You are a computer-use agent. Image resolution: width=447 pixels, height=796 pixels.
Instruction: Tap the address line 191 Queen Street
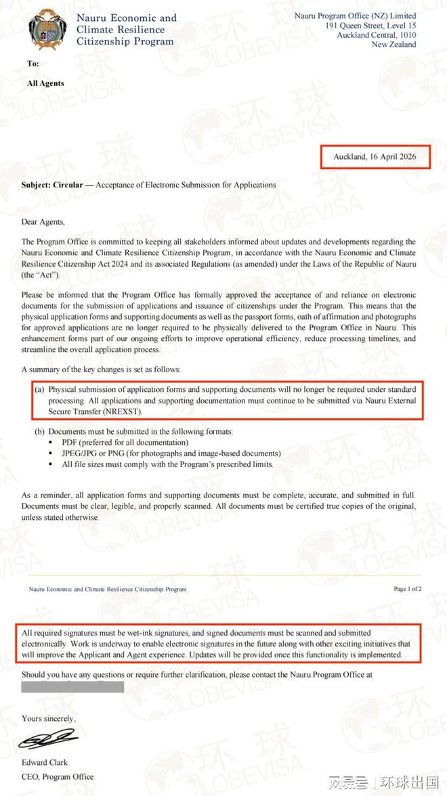tap(371, 26)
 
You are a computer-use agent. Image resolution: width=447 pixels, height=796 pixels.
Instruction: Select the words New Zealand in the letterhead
tap(393, 45)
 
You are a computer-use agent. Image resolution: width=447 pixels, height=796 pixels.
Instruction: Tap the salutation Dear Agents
tap(43, 221)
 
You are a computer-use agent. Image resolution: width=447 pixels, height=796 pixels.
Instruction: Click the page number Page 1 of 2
tap(408, 589)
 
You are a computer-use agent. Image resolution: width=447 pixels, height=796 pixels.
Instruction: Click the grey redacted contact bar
tap(72, 687)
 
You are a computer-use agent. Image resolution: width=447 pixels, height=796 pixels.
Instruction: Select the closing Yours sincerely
tap(49, 718)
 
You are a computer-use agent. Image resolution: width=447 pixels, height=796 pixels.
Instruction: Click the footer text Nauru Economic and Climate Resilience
tap(107, 590)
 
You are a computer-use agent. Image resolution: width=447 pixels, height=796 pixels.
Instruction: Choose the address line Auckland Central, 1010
tap(377, 35)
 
